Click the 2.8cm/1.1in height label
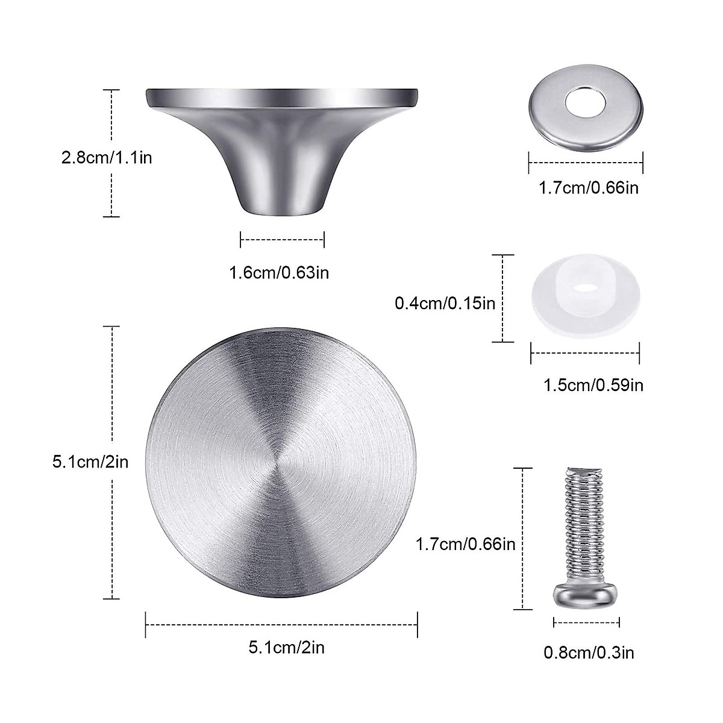[x=107, y=158]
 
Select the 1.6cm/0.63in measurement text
[x=278, y=272]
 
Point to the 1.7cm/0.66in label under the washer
[x=587, y=188]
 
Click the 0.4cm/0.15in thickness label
[x=445, y=302]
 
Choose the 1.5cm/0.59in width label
[x=593, y=384]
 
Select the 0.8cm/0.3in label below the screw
[x=589, y=652]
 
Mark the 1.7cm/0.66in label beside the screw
[x=465, y=544]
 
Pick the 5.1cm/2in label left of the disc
[x=90, y=462]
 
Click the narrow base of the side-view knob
[x=282, y=207]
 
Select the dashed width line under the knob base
[x=282, y=240]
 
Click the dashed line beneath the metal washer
[x=586, y=161]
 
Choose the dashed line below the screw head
[x=586, y=623]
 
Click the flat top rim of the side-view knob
[x=282, y=95]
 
